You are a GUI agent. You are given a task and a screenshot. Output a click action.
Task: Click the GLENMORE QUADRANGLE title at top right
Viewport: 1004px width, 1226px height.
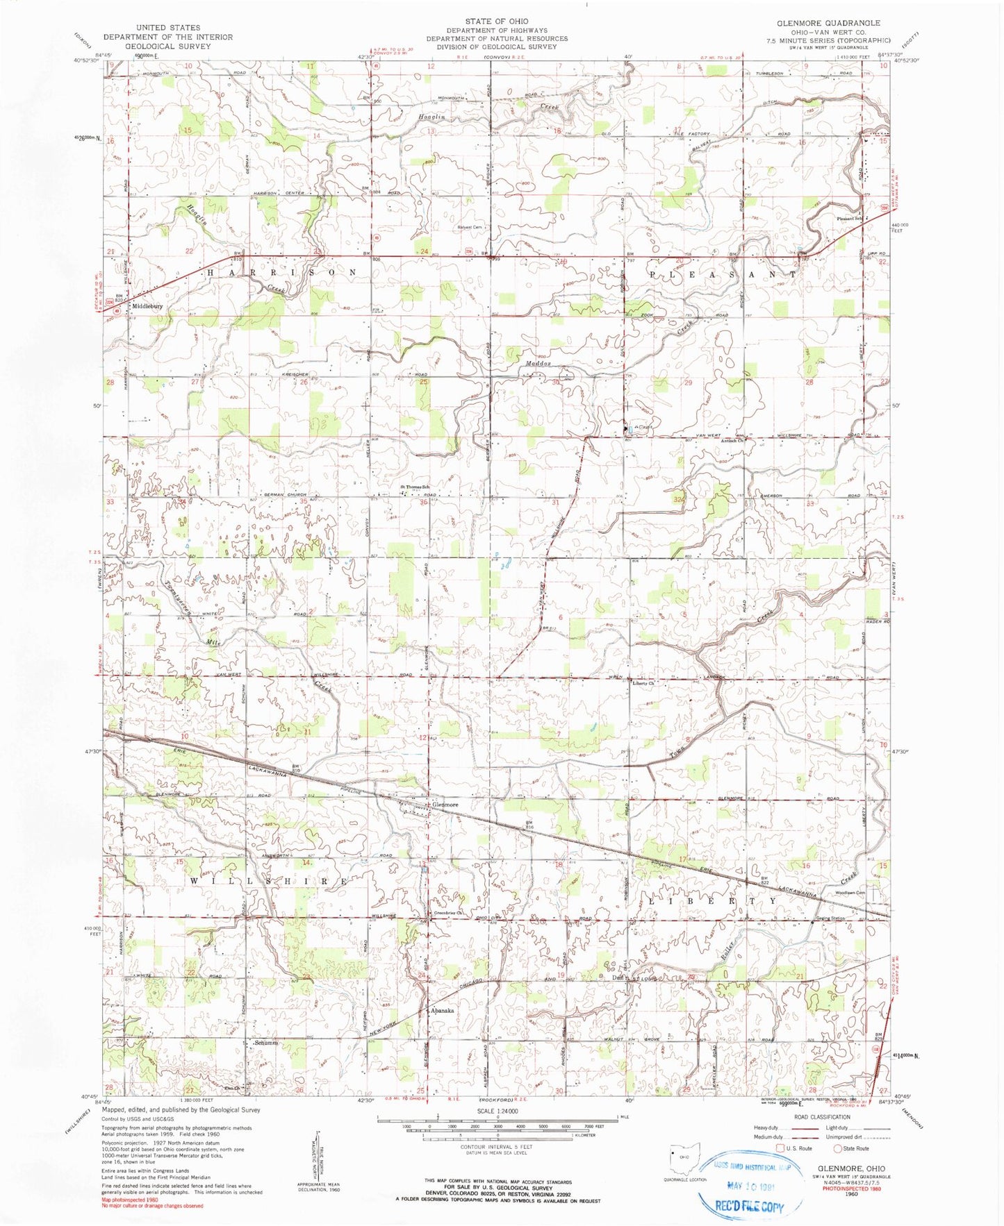point(829,23)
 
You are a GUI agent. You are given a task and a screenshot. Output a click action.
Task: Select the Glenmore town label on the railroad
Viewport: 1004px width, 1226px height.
point(445,805)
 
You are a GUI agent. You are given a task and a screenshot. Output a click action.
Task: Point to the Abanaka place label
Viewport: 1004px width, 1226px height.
point(442,1011)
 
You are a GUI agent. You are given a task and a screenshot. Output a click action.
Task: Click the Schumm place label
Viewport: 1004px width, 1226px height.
point(265,1043)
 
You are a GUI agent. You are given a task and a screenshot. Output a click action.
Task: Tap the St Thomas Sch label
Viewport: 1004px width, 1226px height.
point(414,487)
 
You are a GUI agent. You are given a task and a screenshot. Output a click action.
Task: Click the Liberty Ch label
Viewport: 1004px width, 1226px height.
point(643,684)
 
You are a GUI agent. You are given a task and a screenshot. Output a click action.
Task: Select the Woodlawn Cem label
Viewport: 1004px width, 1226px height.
point(849,893)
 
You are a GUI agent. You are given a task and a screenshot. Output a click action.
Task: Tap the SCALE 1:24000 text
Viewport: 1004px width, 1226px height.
point(497,1111)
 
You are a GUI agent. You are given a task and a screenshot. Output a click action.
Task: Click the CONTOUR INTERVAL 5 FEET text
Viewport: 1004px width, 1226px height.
point(496,1146)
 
